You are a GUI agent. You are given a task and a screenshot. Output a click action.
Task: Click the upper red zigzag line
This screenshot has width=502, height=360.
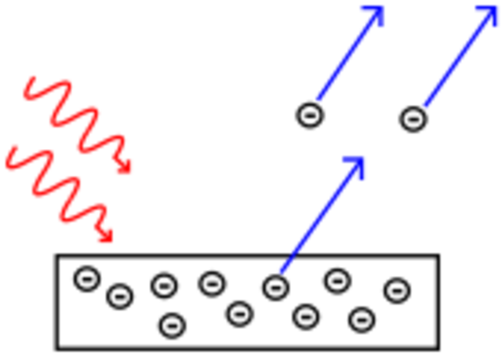click(78, 118)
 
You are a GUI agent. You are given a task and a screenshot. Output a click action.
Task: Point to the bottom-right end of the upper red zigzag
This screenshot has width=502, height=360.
click(125, 169)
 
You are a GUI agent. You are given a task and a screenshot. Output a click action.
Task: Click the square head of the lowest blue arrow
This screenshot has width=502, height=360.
click(355, 166)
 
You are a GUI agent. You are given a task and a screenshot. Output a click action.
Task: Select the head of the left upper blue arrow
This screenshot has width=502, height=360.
click(373, 14)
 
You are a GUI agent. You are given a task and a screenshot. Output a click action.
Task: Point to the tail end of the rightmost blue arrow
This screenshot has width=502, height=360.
click(427, 103)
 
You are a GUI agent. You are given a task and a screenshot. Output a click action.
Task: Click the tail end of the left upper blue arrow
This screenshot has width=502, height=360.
click(320, 96)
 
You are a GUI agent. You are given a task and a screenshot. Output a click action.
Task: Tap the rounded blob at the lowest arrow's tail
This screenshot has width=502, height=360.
click(284, 267)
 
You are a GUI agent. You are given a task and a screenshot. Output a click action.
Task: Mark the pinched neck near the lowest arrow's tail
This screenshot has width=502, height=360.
click(294, 254)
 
